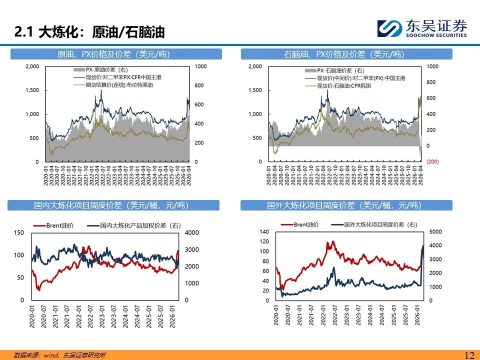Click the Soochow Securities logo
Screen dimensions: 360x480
tap(421, 28)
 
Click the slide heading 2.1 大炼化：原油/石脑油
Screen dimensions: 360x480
tap(89, 32)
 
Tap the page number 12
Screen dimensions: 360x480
tap(469, 355)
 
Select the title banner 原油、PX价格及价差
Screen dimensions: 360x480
tap(113, 54)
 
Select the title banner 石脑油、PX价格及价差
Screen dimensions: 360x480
tap(346, 54)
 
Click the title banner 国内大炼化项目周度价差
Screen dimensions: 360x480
tap(113, 205)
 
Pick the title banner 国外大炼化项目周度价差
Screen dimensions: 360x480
tap(346, 205)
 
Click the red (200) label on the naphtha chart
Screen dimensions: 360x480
tap(432, 161)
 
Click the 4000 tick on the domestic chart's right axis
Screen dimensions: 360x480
tap(192, 233)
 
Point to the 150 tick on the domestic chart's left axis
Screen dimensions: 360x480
tap(18, 233)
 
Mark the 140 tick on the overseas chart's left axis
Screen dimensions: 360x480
tap(264, 231)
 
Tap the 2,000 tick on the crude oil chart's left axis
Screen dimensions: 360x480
tap(31, 66)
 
